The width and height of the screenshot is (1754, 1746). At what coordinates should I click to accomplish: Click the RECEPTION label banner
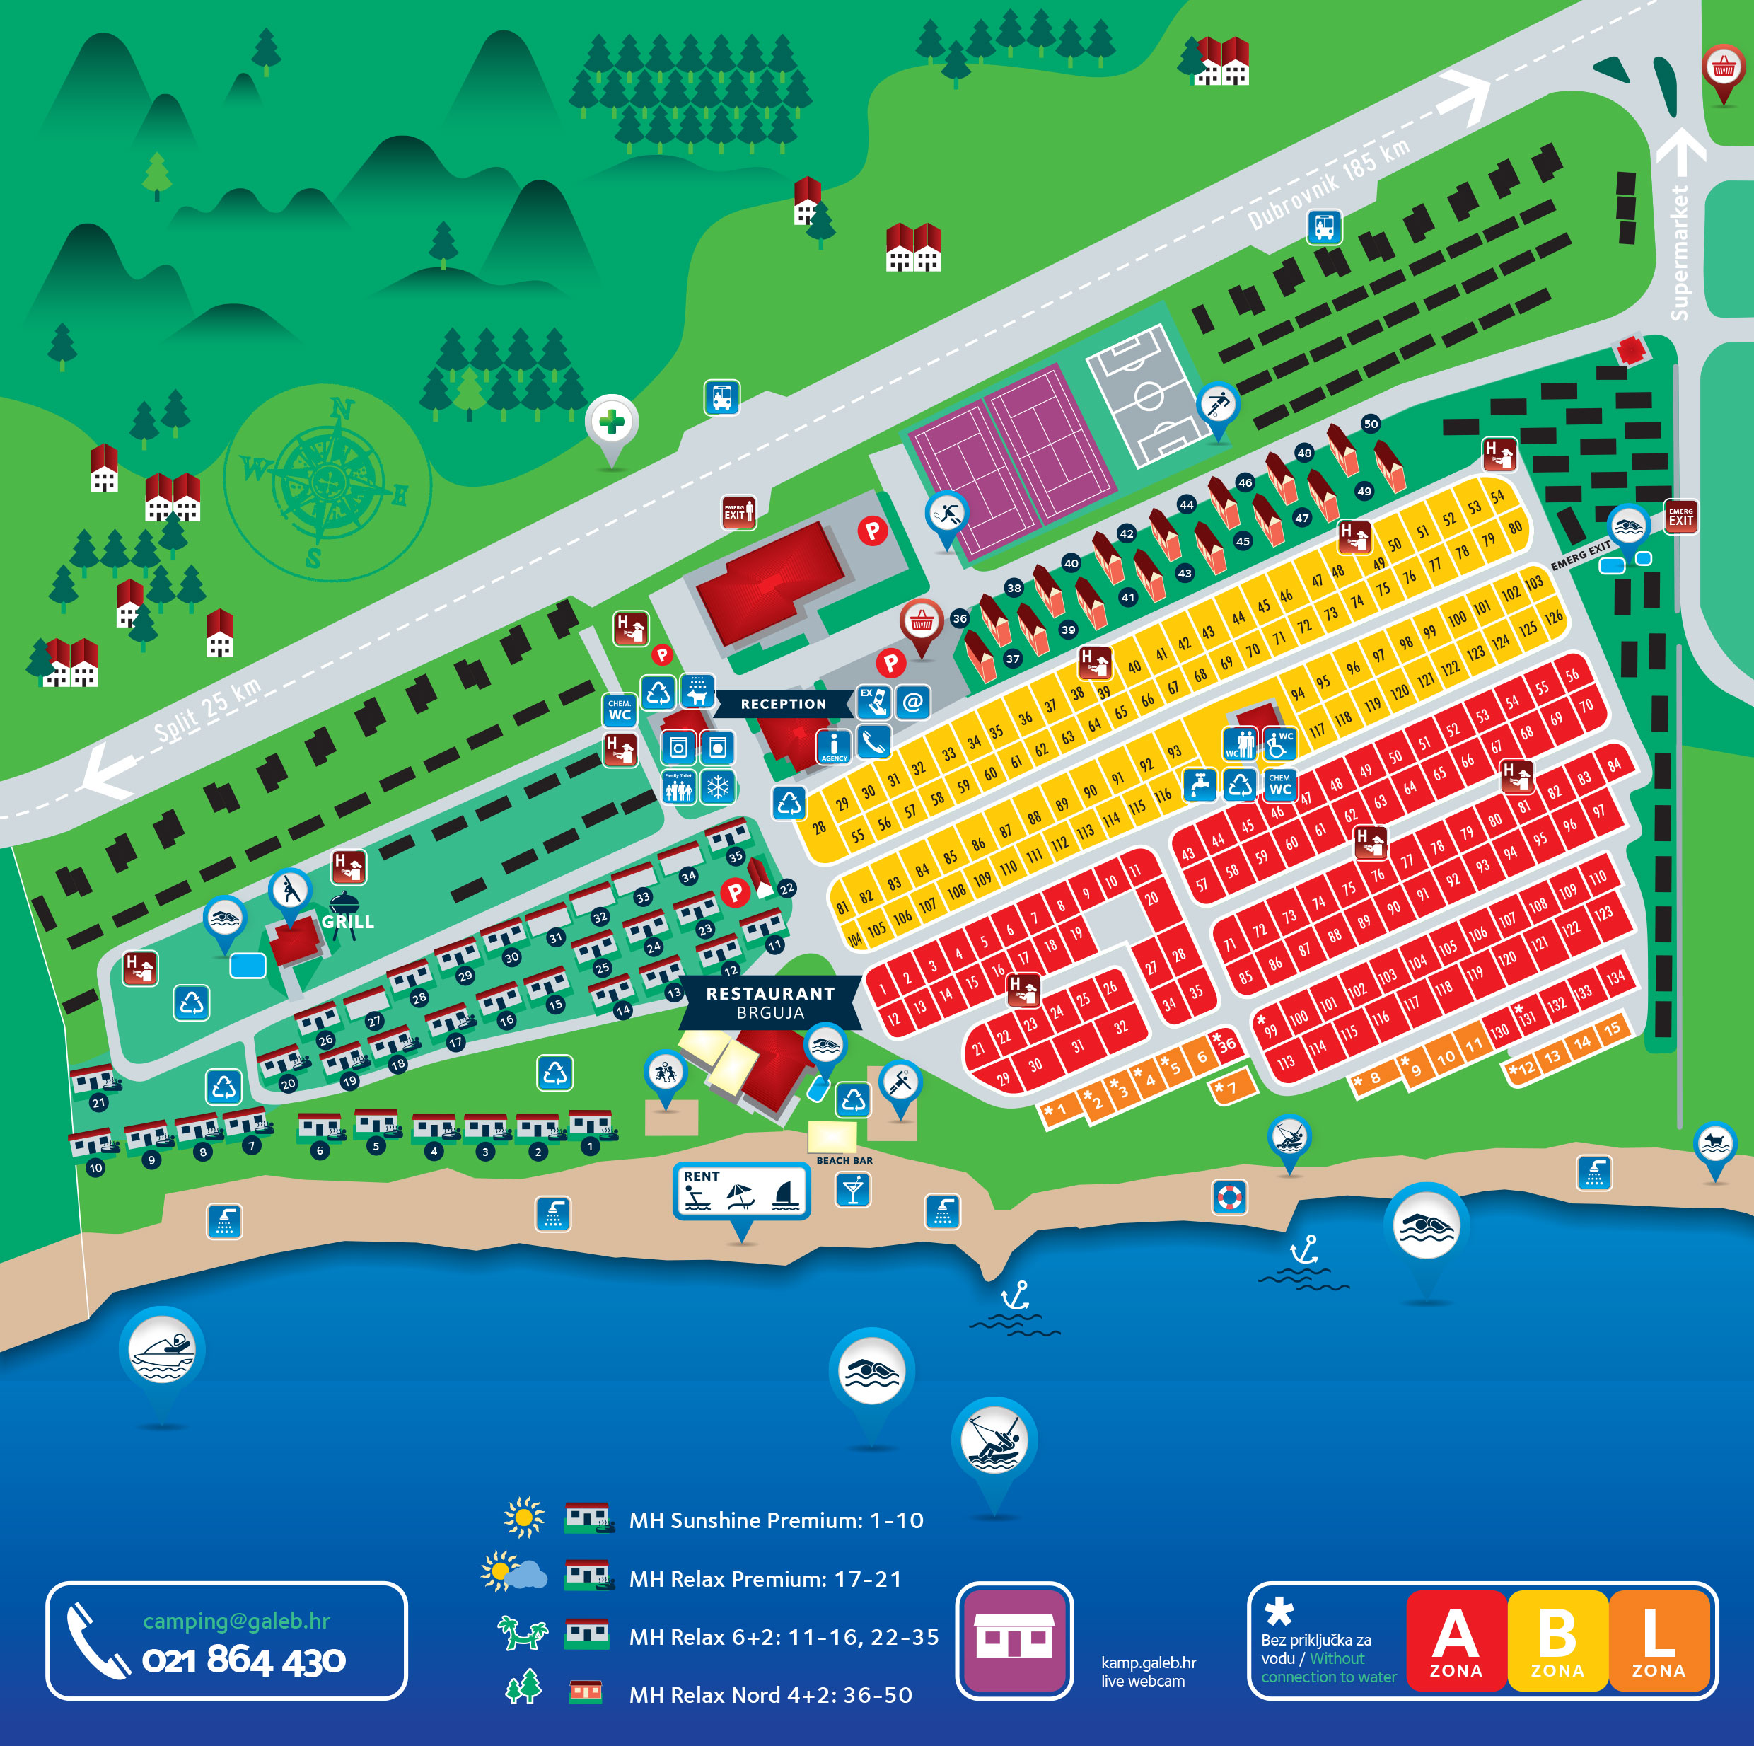783,704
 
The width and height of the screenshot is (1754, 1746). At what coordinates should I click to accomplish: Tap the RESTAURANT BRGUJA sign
770,1002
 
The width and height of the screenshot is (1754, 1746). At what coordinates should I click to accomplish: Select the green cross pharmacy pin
612,422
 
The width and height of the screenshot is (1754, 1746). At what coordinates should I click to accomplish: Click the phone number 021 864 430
243,1660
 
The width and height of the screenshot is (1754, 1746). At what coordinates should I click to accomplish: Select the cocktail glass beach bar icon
852,1189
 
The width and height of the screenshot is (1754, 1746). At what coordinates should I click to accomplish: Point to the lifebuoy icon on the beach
1229,1198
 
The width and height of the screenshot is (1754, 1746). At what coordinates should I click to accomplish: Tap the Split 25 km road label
207,709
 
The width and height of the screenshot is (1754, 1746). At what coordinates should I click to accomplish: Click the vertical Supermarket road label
1680,253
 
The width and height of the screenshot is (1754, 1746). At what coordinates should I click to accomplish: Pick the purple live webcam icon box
1014,1640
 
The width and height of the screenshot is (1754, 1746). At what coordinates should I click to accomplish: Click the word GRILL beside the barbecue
348,922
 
